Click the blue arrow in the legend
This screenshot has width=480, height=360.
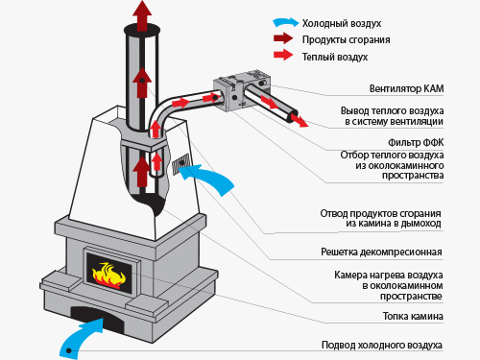[286, 22]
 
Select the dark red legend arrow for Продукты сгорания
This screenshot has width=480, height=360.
[283, 38]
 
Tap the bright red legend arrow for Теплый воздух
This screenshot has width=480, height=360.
[283, 55]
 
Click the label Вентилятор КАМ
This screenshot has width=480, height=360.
[406, 88]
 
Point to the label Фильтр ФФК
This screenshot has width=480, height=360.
[416, 142]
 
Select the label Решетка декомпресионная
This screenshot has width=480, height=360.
[381, 252]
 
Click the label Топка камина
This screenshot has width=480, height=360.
[413, 316]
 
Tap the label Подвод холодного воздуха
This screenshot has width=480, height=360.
[382, 345]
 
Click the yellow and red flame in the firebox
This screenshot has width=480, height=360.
[108, 275]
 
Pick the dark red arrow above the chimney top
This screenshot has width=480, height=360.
[142, 15]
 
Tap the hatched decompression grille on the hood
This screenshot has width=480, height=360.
[181, 164]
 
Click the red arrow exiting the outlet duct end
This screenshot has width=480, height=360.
[300, 120]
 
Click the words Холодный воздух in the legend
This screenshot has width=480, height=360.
[342, 23]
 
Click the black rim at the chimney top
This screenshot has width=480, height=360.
[142, 31]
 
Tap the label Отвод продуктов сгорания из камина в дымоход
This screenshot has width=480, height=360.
[380, 218]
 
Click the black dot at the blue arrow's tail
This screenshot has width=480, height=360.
[69, 350]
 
